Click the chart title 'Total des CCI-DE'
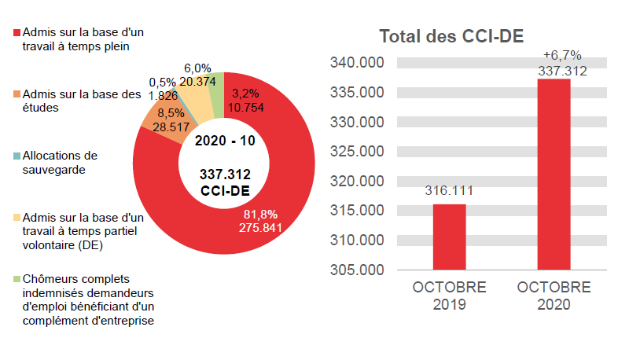451,36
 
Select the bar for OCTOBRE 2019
449,237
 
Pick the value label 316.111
449,191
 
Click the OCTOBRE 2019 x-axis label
449,296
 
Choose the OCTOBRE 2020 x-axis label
554,296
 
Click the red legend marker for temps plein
17,34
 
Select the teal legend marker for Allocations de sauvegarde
17,156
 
